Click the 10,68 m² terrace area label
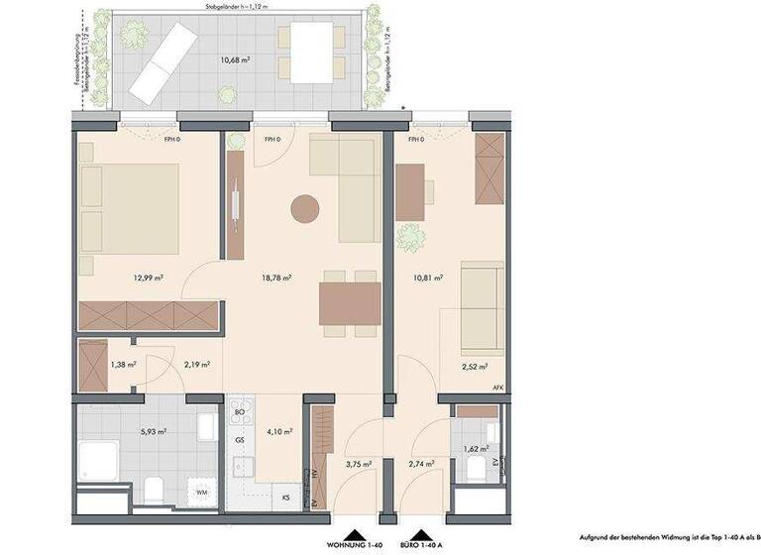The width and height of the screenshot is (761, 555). (x=234, y=58)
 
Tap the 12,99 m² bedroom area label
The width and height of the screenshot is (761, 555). (x=147, y=278)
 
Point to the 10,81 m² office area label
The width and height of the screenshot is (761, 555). (x=429, y=278)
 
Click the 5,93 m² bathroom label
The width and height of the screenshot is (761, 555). (x=153, y=432)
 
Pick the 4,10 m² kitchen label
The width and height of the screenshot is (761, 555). (x=278, y=431)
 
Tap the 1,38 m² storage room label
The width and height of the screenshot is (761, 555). (x=123, y=365)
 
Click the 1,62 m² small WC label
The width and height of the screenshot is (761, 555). (x=477, y=449)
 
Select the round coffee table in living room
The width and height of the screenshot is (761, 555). (x=304, y=210)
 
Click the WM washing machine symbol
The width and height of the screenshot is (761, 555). (x=201, y=492)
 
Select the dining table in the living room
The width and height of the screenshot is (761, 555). (x=349, y=303)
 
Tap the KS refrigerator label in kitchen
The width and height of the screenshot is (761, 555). (x=285, y=497)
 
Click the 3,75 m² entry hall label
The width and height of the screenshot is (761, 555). (x=358, y=464)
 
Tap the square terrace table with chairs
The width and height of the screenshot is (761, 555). (x=309, y=52)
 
